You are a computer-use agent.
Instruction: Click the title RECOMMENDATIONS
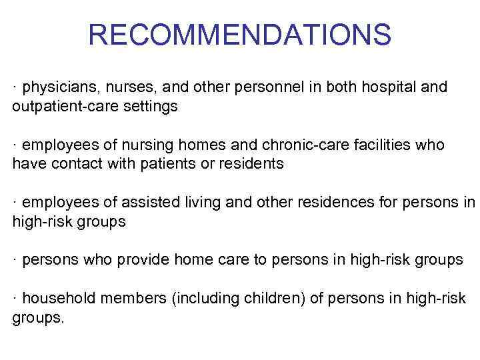[x=239, y=35]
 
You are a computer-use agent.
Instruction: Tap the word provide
[x=141, y=260]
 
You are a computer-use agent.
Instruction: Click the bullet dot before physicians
[x=15, y=88]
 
